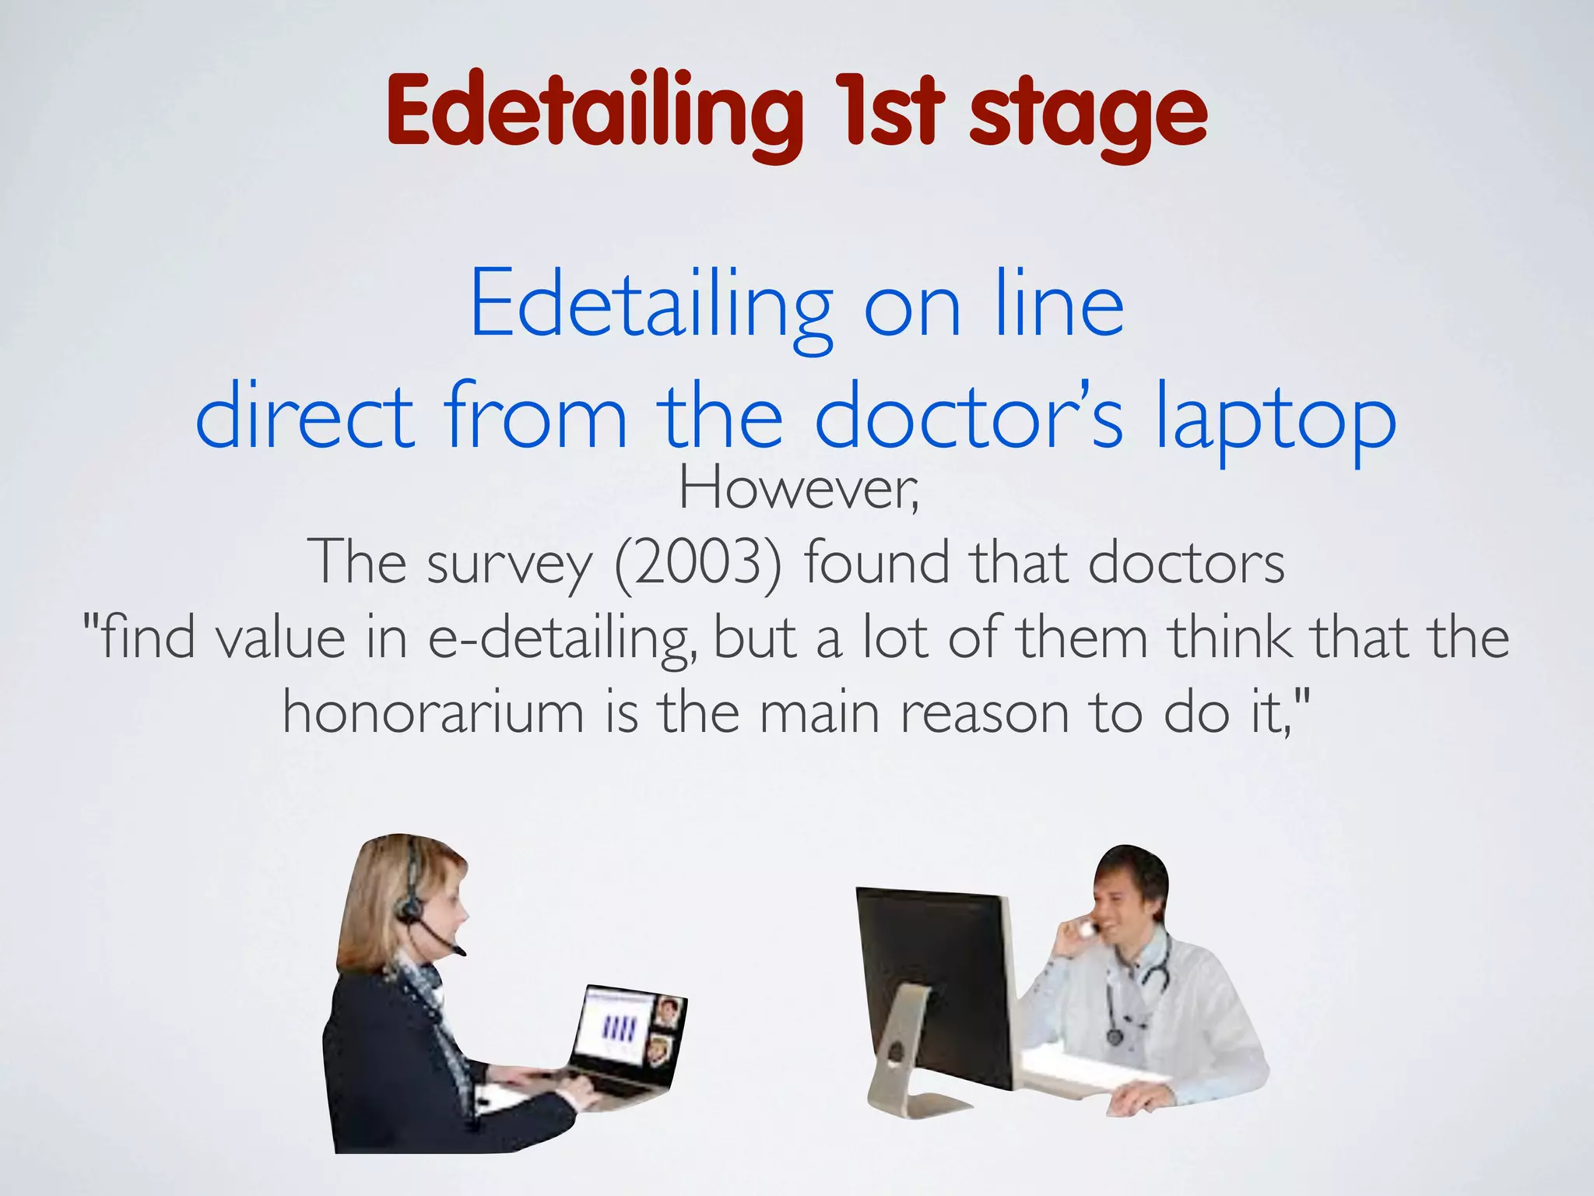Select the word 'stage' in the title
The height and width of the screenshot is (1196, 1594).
(1087, 117)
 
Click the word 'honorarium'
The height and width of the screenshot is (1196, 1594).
(433, 712)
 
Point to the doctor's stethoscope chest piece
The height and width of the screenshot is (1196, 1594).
(1115, 1037)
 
